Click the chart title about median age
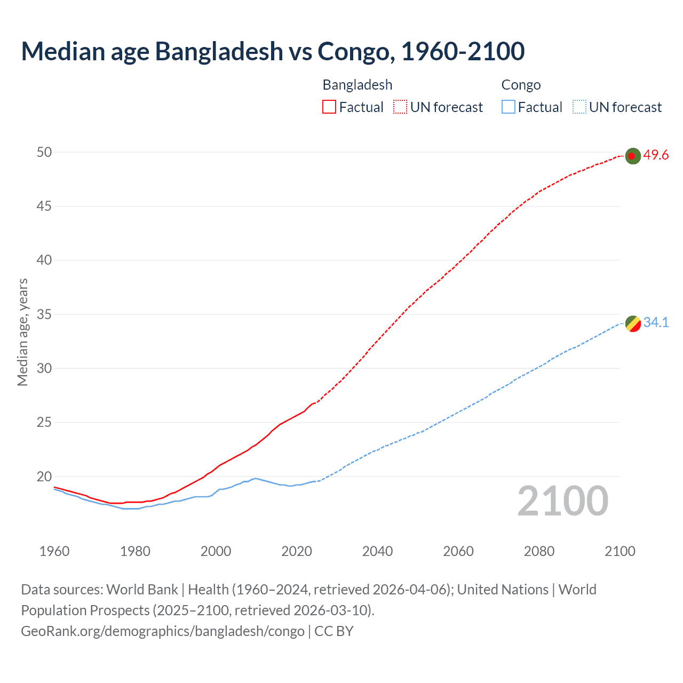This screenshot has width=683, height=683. pyautogui.click(x=273, y=51)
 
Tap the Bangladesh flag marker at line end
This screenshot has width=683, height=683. pyautogui.click(x=632, y=156)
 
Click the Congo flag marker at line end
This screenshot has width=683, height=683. pyautogui.click(x=632, y=323)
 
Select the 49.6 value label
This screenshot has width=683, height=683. pyautogui.click(x=656, y=155)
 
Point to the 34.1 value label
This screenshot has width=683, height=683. pyautogui.click(x=656, y=322)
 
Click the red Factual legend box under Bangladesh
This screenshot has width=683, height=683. pyautogui.click(x=329, y=107)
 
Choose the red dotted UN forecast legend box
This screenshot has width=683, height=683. pyautogui.click(x=400, y=107)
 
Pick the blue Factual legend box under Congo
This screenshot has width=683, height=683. pyautogui.click(x=508, y=107)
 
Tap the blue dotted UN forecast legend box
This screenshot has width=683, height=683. pyautogui.click(x=579, y=107)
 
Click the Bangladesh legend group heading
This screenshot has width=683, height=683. pyautogui.click(x=358, y=85)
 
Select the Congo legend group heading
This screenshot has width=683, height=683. pyautogui.click(x=521, y=85)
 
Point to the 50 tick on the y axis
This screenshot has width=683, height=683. pyautogui.click(x=44, y=152)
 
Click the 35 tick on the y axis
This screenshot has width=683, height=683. pyautogui.click(x=44, y=314)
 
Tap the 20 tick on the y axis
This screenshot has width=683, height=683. pyautogui.click(x=44, y=476)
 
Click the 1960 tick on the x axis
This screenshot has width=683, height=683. pyautogui.click(x=54, y=551)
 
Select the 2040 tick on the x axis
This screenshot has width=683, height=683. pyautogui.click(x=377, y=551)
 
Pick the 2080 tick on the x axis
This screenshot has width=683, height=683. pyautogui.click(x=539, y=551)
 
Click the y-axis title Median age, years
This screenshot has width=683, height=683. pyautogui.click(x=22, y=332)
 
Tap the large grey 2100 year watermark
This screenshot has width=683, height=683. pyautogui.click(x=562, y=501)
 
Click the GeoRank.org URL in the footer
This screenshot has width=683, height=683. pyautogui.click(x=163, y=631)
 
